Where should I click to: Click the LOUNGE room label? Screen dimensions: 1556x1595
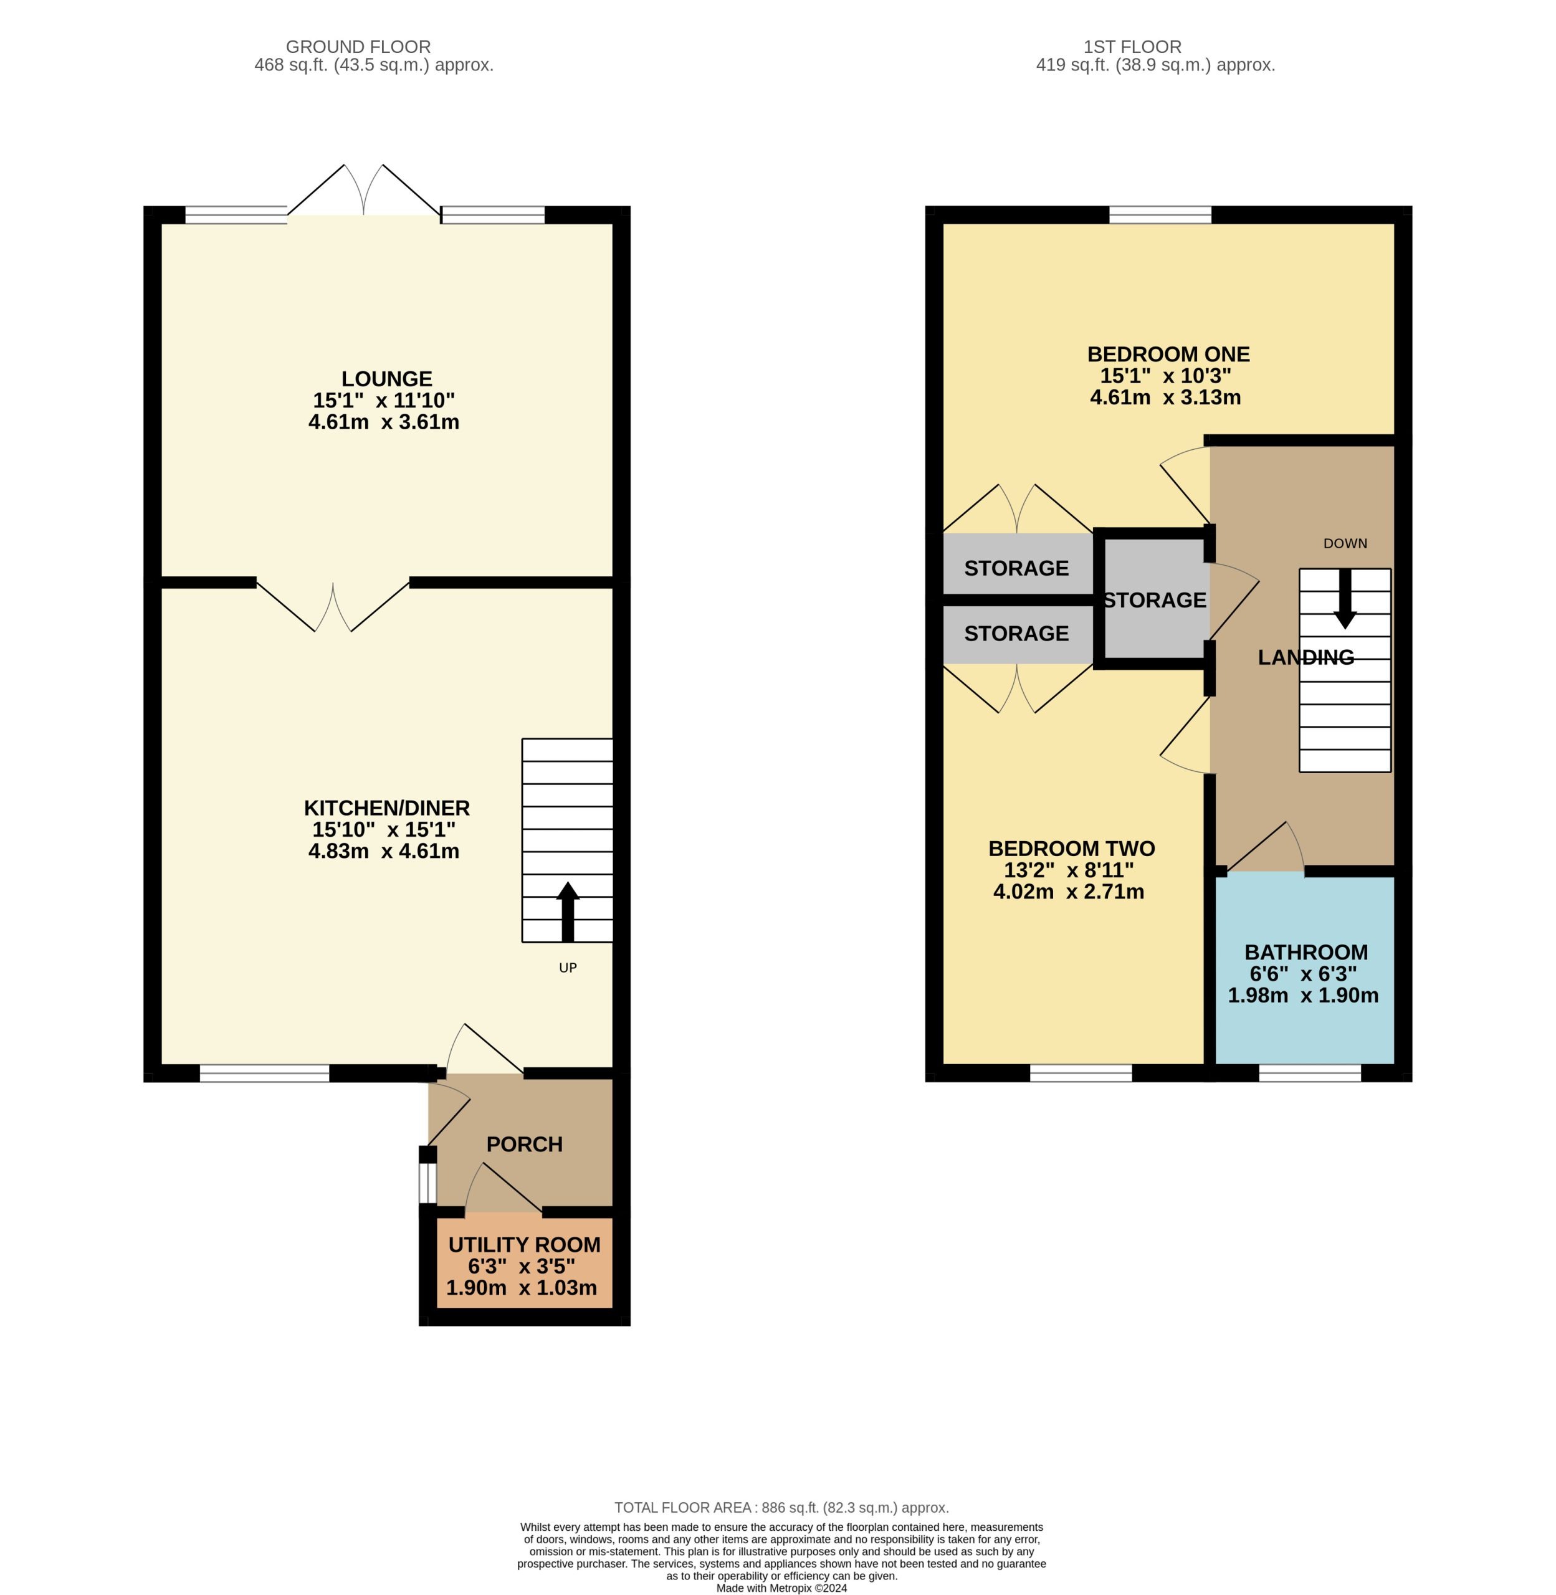pos(386,379)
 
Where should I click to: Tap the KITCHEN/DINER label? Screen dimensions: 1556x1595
pos(386,808)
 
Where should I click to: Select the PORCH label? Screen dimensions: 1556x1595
pos(525,1144)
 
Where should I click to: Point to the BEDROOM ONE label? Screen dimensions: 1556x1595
pos(1168,355)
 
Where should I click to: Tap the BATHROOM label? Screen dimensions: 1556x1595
pos(1306,952)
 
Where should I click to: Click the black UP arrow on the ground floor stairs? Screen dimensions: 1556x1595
pos(567,912)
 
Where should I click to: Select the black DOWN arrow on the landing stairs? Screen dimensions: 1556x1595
pos(1345,599)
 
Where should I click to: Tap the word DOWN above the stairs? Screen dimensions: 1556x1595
pos(1345,543)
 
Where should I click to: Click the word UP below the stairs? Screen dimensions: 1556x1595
pos(568,968)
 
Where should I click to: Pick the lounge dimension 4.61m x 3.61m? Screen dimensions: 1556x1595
pos(383,422)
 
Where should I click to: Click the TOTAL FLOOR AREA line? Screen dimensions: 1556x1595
pos(781,1508)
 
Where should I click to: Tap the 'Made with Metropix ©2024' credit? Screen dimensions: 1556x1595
pos(781,1589)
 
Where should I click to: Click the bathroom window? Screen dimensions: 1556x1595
pos(1310,1073)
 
